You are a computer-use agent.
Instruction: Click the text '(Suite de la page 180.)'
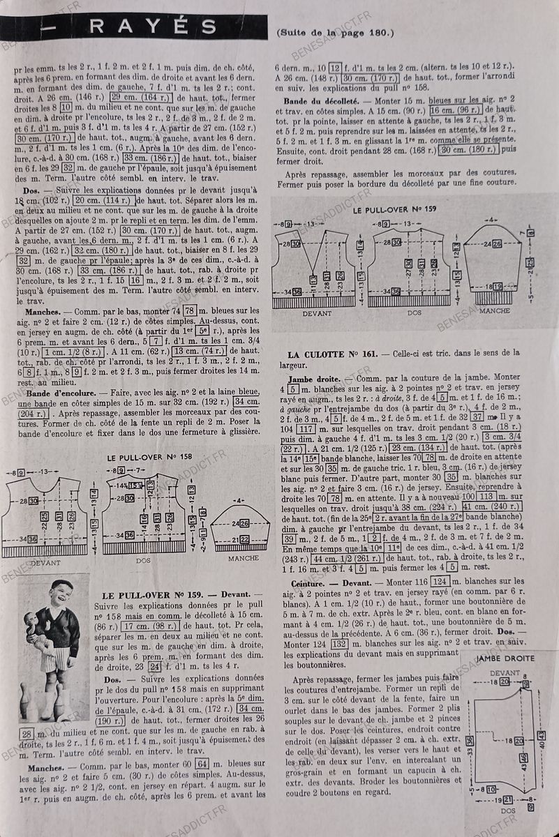(336, 32)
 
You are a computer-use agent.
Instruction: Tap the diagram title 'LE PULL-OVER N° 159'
(392, 209)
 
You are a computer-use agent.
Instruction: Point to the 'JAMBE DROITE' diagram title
(505, 658)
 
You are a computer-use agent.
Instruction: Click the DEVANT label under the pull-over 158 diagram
(45, 562)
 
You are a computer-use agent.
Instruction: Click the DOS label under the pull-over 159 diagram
(415, 312)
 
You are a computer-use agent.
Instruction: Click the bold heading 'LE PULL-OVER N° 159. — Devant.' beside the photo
(170, 596)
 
